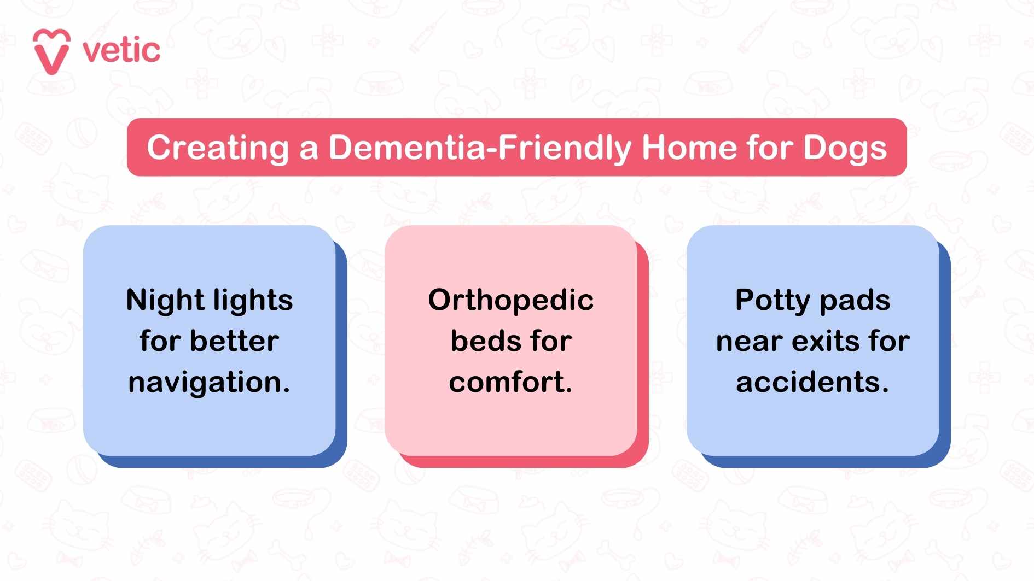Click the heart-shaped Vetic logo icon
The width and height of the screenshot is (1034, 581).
[x=51, y=51]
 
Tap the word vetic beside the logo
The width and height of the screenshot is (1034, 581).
[x=121, y=51]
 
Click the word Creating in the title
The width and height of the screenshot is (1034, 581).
[x=218, y=148]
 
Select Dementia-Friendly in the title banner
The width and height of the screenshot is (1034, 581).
[x=480, y=148]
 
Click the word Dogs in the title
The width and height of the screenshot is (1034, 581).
[x=845, y=149]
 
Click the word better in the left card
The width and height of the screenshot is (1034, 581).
[x=235, y=341]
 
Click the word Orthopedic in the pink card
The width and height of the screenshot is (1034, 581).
[x=510, y=300]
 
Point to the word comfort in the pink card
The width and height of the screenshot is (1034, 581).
[x=508, y=382]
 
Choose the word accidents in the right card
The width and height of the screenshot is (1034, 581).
[x=809, y=382]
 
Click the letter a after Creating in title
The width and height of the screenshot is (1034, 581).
[x=309, y=149]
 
